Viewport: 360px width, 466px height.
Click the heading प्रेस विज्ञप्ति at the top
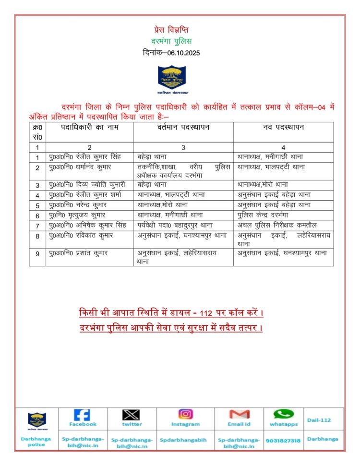pos(171,30)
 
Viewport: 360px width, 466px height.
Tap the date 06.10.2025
pos(184,52)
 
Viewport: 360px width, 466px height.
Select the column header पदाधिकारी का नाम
pos(90,127)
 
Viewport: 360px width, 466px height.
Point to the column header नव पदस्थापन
pos(283,127)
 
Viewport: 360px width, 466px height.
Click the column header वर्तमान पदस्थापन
pos(183,127)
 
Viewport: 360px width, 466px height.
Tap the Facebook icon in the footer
pos(82,415)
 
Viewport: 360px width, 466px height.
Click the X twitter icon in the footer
pos(131,415)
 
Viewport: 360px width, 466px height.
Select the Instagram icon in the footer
pos(185,414)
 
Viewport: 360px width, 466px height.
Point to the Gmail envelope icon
pos(239,414)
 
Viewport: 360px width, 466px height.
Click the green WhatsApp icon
pos(283,414)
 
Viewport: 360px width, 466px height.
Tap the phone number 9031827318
pos(283,440)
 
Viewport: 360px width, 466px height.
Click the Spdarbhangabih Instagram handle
pos(185,440)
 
